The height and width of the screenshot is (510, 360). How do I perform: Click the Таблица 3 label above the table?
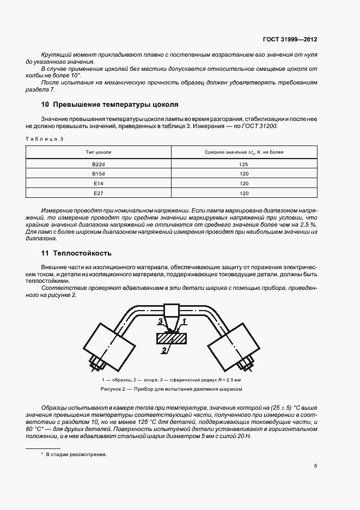click(x=44, y=138)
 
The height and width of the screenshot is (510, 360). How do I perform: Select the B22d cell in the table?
click(x=99, y=164)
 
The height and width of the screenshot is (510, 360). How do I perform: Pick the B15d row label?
click(x=99, y=174)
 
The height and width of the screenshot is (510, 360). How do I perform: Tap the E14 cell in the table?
click(x=99, y=184)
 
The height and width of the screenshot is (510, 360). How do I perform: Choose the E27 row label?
click(x=99, y=193)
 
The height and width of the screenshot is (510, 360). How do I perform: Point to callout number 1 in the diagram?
click(x=185, y=321)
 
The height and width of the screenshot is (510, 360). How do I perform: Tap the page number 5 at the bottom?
click(x=316, y=465)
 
